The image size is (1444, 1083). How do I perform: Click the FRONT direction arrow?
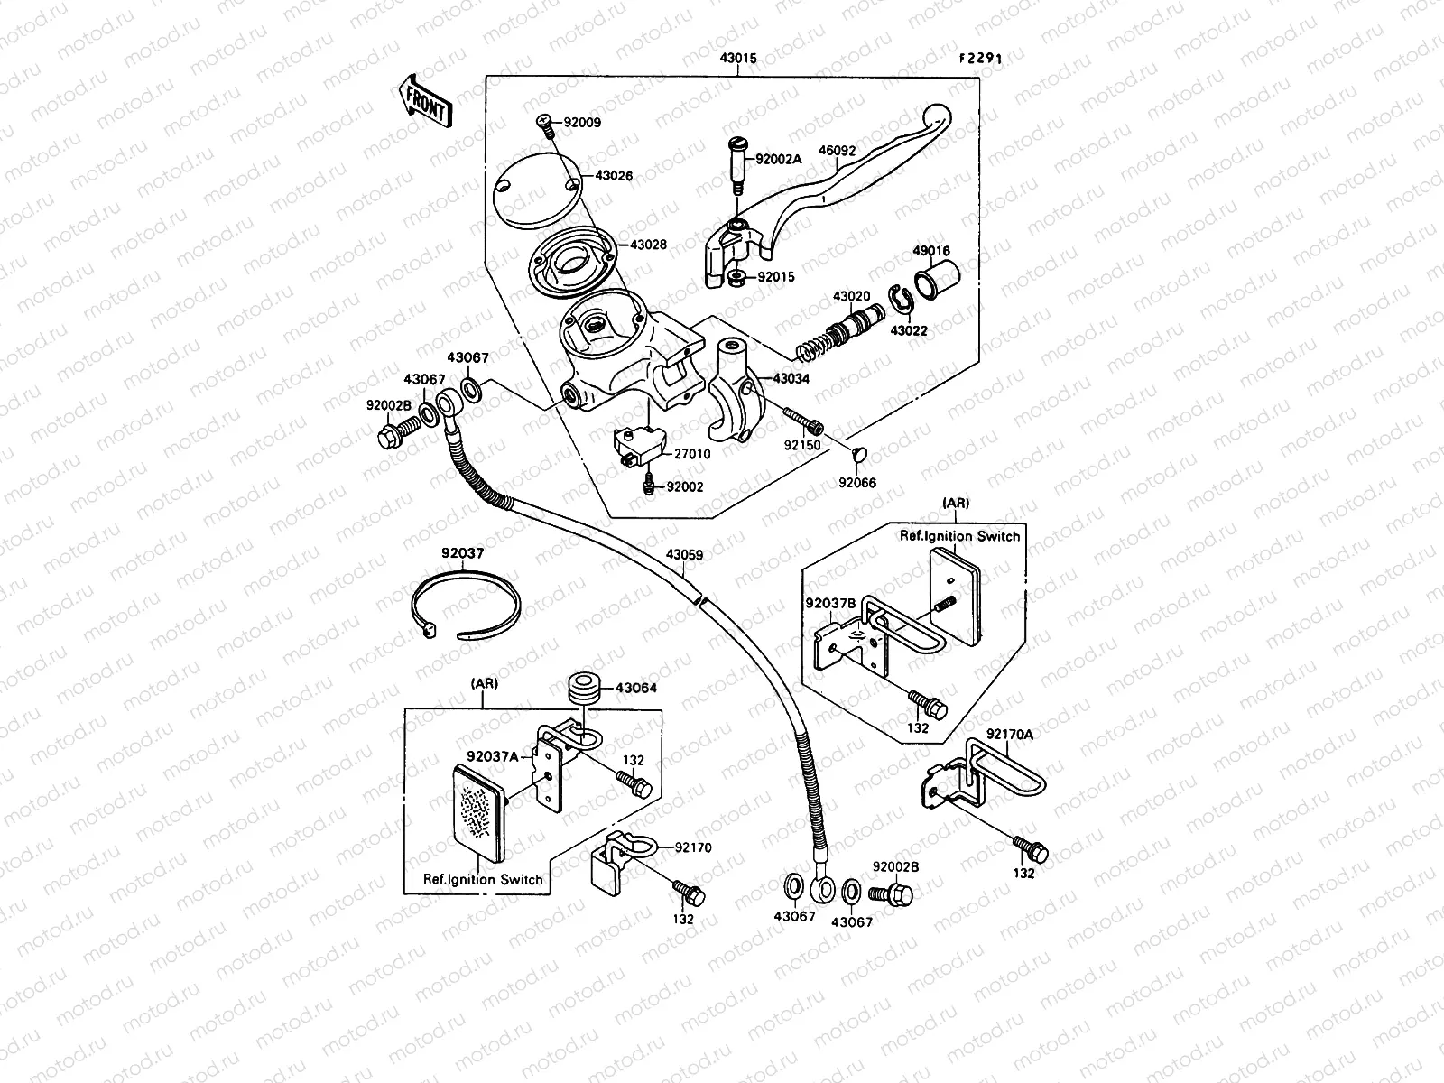point(423,99)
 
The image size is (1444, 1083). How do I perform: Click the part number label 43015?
point(738,58)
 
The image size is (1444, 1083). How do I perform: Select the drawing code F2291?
point(980,57)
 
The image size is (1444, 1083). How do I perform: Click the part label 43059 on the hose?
point(684,556)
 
